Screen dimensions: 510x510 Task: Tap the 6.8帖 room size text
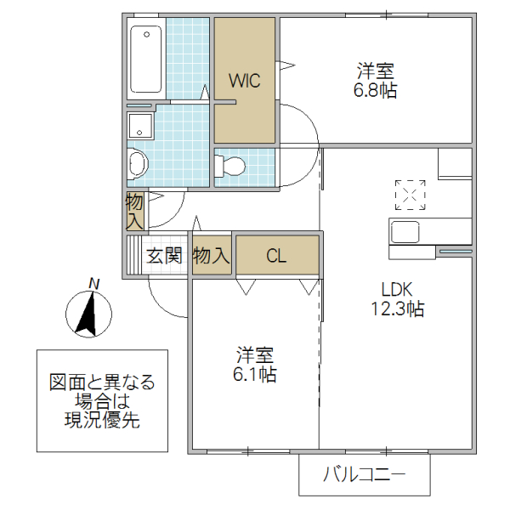point(376,90)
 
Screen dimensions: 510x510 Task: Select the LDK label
point(397,288)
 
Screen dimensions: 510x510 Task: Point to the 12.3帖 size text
point(397,309)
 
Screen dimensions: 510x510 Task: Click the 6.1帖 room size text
point(256,373)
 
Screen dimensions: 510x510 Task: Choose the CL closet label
point(277,255)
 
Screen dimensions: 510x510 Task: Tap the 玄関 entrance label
point(164,255)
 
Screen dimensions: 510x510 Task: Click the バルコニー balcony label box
point(364,474)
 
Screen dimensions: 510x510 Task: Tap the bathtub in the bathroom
point(146,59)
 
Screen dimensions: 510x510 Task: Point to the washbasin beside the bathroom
point(137,163)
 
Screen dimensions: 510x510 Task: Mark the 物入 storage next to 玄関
point(212,255)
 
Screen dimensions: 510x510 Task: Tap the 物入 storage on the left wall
point(135,211)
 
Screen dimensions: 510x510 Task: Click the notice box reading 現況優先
point(101,400)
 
